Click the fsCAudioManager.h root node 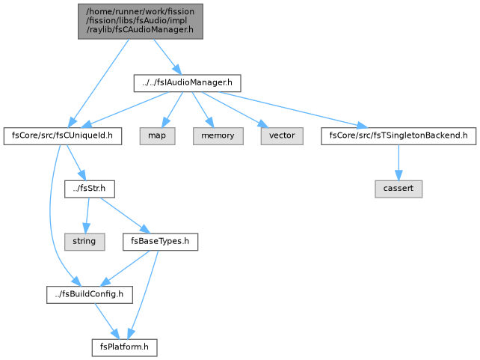coord(141,22)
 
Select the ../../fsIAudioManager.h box coord(188,83)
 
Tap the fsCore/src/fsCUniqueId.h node coord(63,136)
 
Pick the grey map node coord(157,136)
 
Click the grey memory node coord(218,136)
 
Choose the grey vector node coord(282,136)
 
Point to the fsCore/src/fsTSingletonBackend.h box coord(399,136)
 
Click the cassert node coord(399,189)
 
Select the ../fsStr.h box coord(90,189)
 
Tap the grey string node coord(84,242)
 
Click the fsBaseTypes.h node coord(161,242)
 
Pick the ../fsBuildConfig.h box coord(90,295)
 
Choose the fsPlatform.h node coord(125,347)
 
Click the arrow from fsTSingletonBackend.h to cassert coord(399,162)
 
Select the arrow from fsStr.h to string coord(87,216)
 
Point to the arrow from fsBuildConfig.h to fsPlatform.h coord(107,321)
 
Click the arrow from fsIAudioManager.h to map coord(173,109)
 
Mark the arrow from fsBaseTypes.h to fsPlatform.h coord(144,294)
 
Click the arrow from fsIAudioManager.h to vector coord(234,109)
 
